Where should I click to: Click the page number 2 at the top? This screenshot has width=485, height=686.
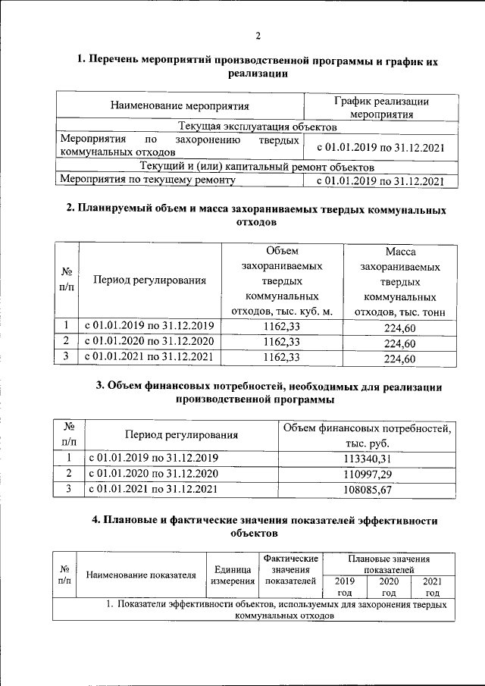coord(257,36)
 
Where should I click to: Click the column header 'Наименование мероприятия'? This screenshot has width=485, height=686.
coord(180,105)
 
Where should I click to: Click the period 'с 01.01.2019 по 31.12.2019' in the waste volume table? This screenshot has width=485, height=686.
coord(149,326)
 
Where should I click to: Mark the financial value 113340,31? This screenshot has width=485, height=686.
coord(367,458)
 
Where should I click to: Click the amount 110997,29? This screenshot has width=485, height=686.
coord(367,473)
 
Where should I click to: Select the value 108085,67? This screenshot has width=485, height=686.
coord(367,489)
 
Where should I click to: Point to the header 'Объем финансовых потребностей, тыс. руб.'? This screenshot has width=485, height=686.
coord(367,435)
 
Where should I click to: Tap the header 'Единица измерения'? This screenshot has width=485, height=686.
coord(233,575)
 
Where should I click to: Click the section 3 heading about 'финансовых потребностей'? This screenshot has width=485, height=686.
coord(268,392)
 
